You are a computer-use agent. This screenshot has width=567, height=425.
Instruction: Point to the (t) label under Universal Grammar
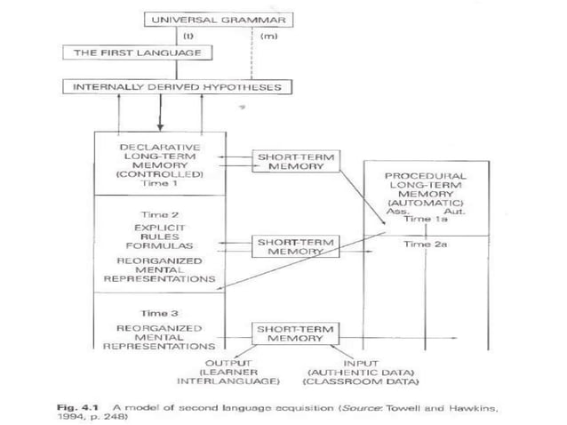[x=189, y=37]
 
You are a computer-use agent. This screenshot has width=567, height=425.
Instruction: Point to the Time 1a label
[x=425, y=218]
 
